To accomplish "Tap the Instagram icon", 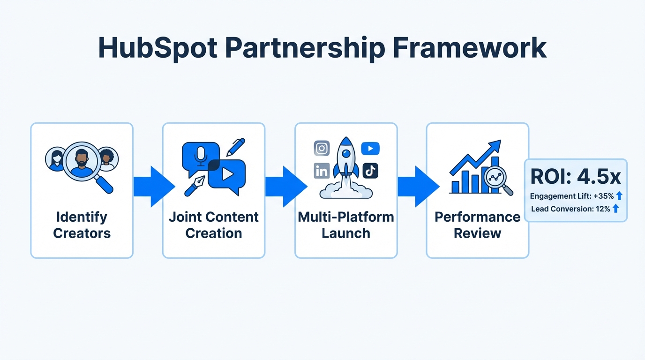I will click(322, 148).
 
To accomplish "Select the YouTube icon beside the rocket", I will click(370, 149).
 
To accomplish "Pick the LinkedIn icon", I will click(322, 171).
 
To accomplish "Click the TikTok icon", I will click(370, 171).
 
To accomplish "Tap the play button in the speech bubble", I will click(227, 174).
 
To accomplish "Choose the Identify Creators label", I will click(82, 225).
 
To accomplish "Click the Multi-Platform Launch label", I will click(346, 225).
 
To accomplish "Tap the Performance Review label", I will click(477, 225).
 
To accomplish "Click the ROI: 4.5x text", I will click(576, 177).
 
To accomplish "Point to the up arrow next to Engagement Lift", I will click(619, 196).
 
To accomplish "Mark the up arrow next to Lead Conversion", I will click(616, 209).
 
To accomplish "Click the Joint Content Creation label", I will click(214, 225).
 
